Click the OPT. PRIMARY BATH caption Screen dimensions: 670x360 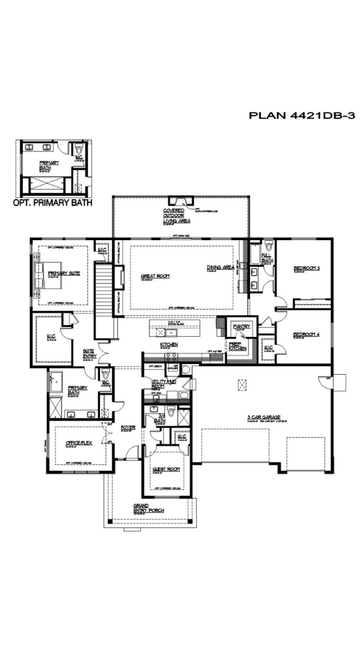click(x=52, y=202)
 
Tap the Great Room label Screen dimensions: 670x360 click(x=155, y=276)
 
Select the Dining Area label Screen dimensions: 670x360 click(x=220, y=267)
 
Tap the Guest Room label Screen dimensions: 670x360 click(x=166, y=469)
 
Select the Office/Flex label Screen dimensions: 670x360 click(x=79, y=443)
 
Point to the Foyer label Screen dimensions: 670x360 click(x=128, y=427)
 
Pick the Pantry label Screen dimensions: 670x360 click(x=240, y=326)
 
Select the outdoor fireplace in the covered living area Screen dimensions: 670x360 click(x=181, y=200)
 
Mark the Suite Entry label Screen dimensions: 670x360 click(x=89, y=352)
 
